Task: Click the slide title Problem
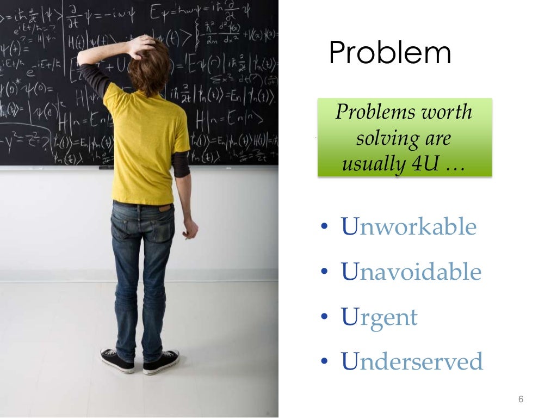point(390,54)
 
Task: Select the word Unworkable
point(409,227)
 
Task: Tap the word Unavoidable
point(411,272)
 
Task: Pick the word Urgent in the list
point(379,317)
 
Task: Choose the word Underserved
point(412,361)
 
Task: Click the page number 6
point(521,399)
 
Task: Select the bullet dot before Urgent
point(325,317)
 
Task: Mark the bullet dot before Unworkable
point(325,227)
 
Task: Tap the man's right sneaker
point(161,361)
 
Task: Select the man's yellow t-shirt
point(144,147)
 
